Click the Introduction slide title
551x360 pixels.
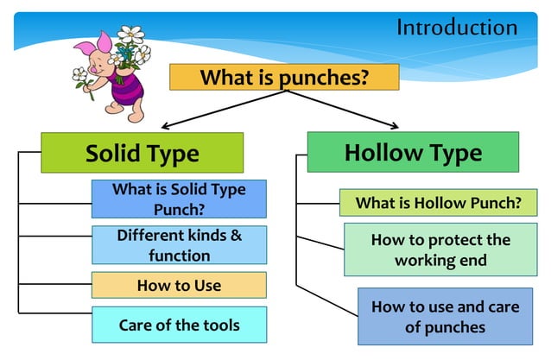tap(456, 27)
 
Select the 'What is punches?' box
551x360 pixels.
tap(284, 77)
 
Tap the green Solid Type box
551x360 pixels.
tap(142, 153)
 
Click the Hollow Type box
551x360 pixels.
tap(413, 152)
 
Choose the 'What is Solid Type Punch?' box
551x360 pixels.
tap(179, 199)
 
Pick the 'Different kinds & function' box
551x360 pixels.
tap(179, 245)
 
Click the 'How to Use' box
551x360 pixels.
tap(179, 285)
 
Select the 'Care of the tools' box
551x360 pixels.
tap(179, 325)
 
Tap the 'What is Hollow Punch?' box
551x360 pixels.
tap(438, 203)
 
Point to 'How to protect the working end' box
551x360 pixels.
tap(440, 249)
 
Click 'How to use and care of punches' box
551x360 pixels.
tap(440, 316)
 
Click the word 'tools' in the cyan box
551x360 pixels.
tap(220, 325)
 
